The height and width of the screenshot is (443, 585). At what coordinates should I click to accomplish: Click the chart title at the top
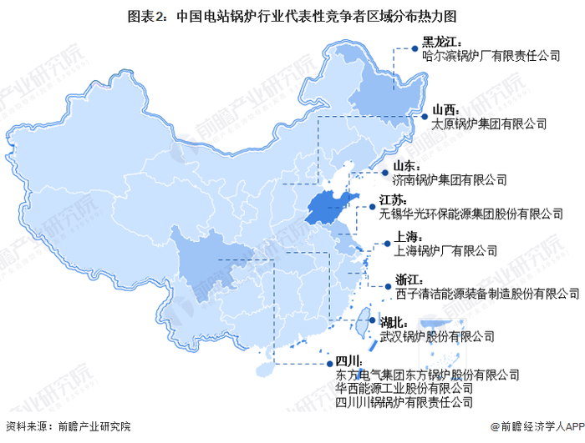pos(292,14)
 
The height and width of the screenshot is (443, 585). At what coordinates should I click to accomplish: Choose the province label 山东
pos(418,164)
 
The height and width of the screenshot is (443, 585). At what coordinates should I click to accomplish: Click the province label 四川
pos(349,360)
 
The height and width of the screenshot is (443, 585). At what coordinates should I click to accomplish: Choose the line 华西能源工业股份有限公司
pos(404,388)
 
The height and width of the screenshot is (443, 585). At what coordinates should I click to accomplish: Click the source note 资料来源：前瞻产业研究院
pos(69,427)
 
